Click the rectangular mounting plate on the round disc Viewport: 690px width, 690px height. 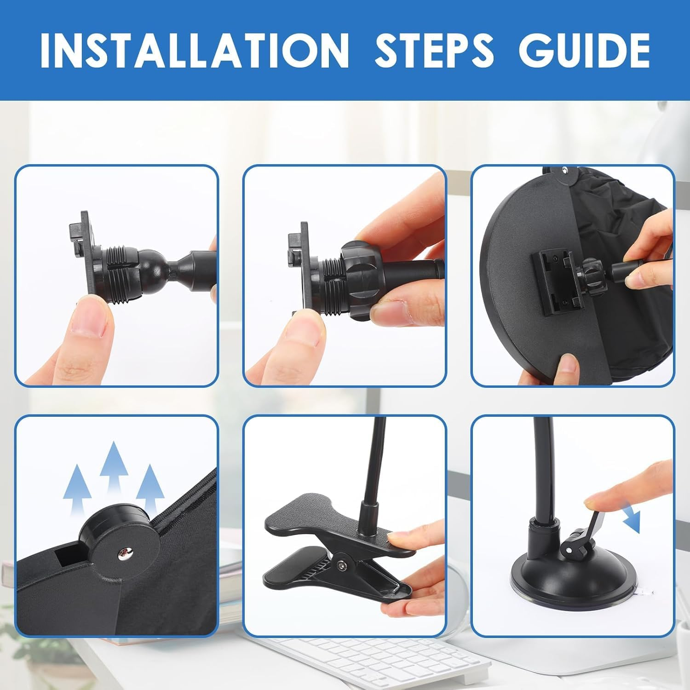pyautogui.click(x=556, y=283)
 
